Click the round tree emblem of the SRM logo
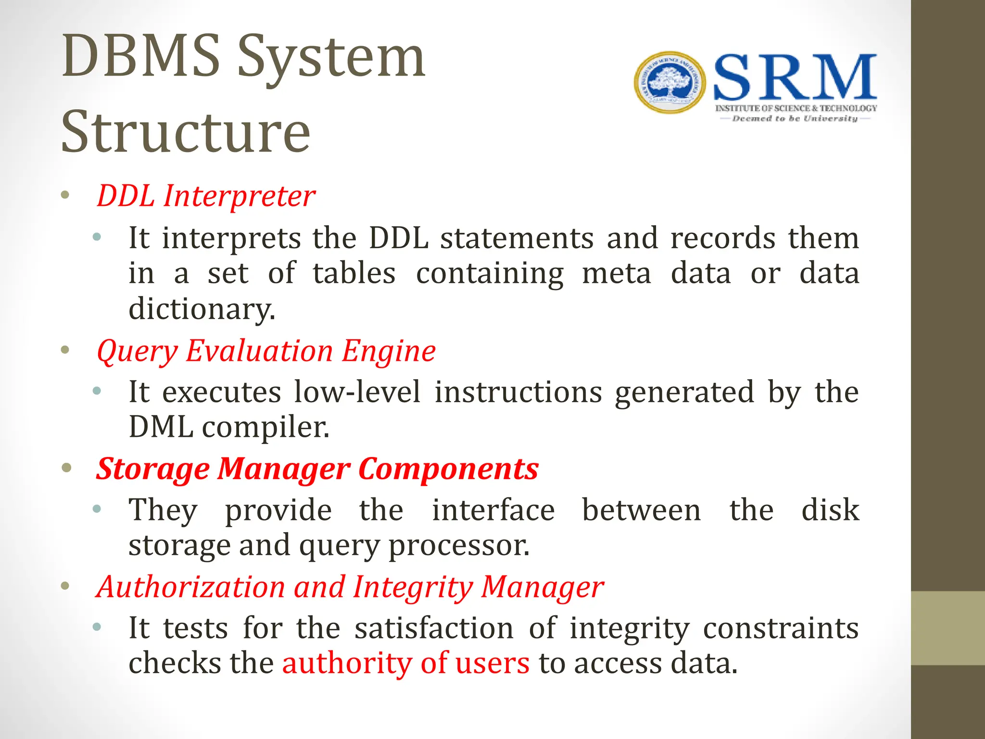click(x=670, y=83)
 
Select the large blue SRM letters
click(x=795, y=78)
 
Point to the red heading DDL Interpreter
click(x=206, y=196)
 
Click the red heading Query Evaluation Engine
click(x=266, y=351)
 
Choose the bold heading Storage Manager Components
click(x=317, y=469)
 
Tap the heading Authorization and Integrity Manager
click(x=350, y=587)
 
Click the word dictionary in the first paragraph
click(x=202, y=308)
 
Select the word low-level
click(x=357, y=392)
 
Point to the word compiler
click(x=265, y=427)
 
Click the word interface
click(x=493, y=510)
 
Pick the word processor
click(x=459, y=546)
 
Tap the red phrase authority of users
click(x=406, y=663)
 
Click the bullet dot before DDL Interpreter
click(x=65, y=195)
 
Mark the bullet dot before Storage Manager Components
click(x=66, y=468)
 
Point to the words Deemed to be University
click(x=795, y=118)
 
